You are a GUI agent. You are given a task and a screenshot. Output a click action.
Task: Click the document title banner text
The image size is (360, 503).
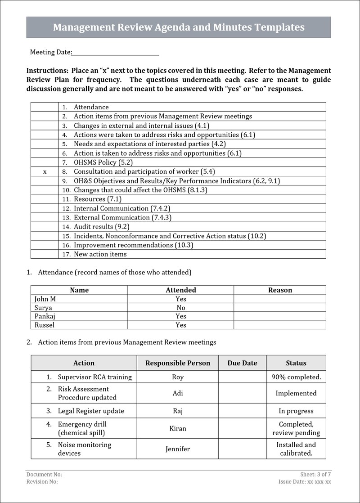(179, 27)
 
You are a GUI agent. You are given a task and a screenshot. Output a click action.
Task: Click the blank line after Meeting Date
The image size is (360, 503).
(115, 53)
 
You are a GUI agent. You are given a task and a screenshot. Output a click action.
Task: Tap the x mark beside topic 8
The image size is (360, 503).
(45, 172)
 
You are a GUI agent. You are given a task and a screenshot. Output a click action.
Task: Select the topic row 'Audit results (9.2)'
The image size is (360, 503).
(101, 227)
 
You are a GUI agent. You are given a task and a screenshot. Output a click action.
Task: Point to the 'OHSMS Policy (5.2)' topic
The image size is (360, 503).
(103, 162)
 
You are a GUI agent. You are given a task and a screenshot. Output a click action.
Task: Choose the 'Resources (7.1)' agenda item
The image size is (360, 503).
(98, 199)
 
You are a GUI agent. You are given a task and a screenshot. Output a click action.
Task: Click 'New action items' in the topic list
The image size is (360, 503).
(100, 254)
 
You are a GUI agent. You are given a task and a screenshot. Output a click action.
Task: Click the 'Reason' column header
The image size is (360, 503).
(280, 290)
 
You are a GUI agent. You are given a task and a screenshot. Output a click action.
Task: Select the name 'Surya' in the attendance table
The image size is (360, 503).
(43, 308)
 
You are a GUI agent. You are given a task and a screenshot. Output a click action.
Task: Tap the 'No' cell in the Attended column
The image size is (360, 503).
(181, 308)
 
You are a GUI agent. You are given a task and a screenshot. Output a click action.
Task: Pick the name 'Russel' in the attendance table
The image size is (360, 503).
(45, 325)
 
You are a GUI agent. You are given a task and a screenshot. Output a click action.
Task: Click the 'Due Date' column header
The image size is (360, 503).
(242, 363)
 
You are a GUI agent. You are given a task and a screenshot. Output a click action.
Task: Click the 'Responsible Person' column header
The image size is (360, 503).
(178, 363)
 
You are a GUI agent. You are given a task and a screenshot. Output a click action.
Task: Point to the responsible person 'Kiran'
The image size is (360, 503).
(178, 428)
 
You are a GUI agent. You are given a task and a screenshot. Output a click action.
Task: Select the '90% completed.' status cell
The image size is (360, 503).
(296, 377)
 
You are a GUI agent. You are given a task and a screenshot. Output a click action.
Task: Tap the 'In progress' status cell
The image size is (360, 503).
(296, 411)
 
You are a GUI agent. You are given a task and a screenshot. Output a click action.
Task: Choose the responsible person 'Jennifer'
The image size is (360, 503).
(178, 449)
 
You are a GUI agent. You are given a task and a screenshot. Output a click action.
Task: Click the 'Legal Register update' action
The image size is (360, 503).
(91, 411)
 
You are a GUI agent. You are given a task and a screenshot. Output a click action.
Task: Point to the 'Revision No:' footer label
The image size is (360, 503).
(42, 482)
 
